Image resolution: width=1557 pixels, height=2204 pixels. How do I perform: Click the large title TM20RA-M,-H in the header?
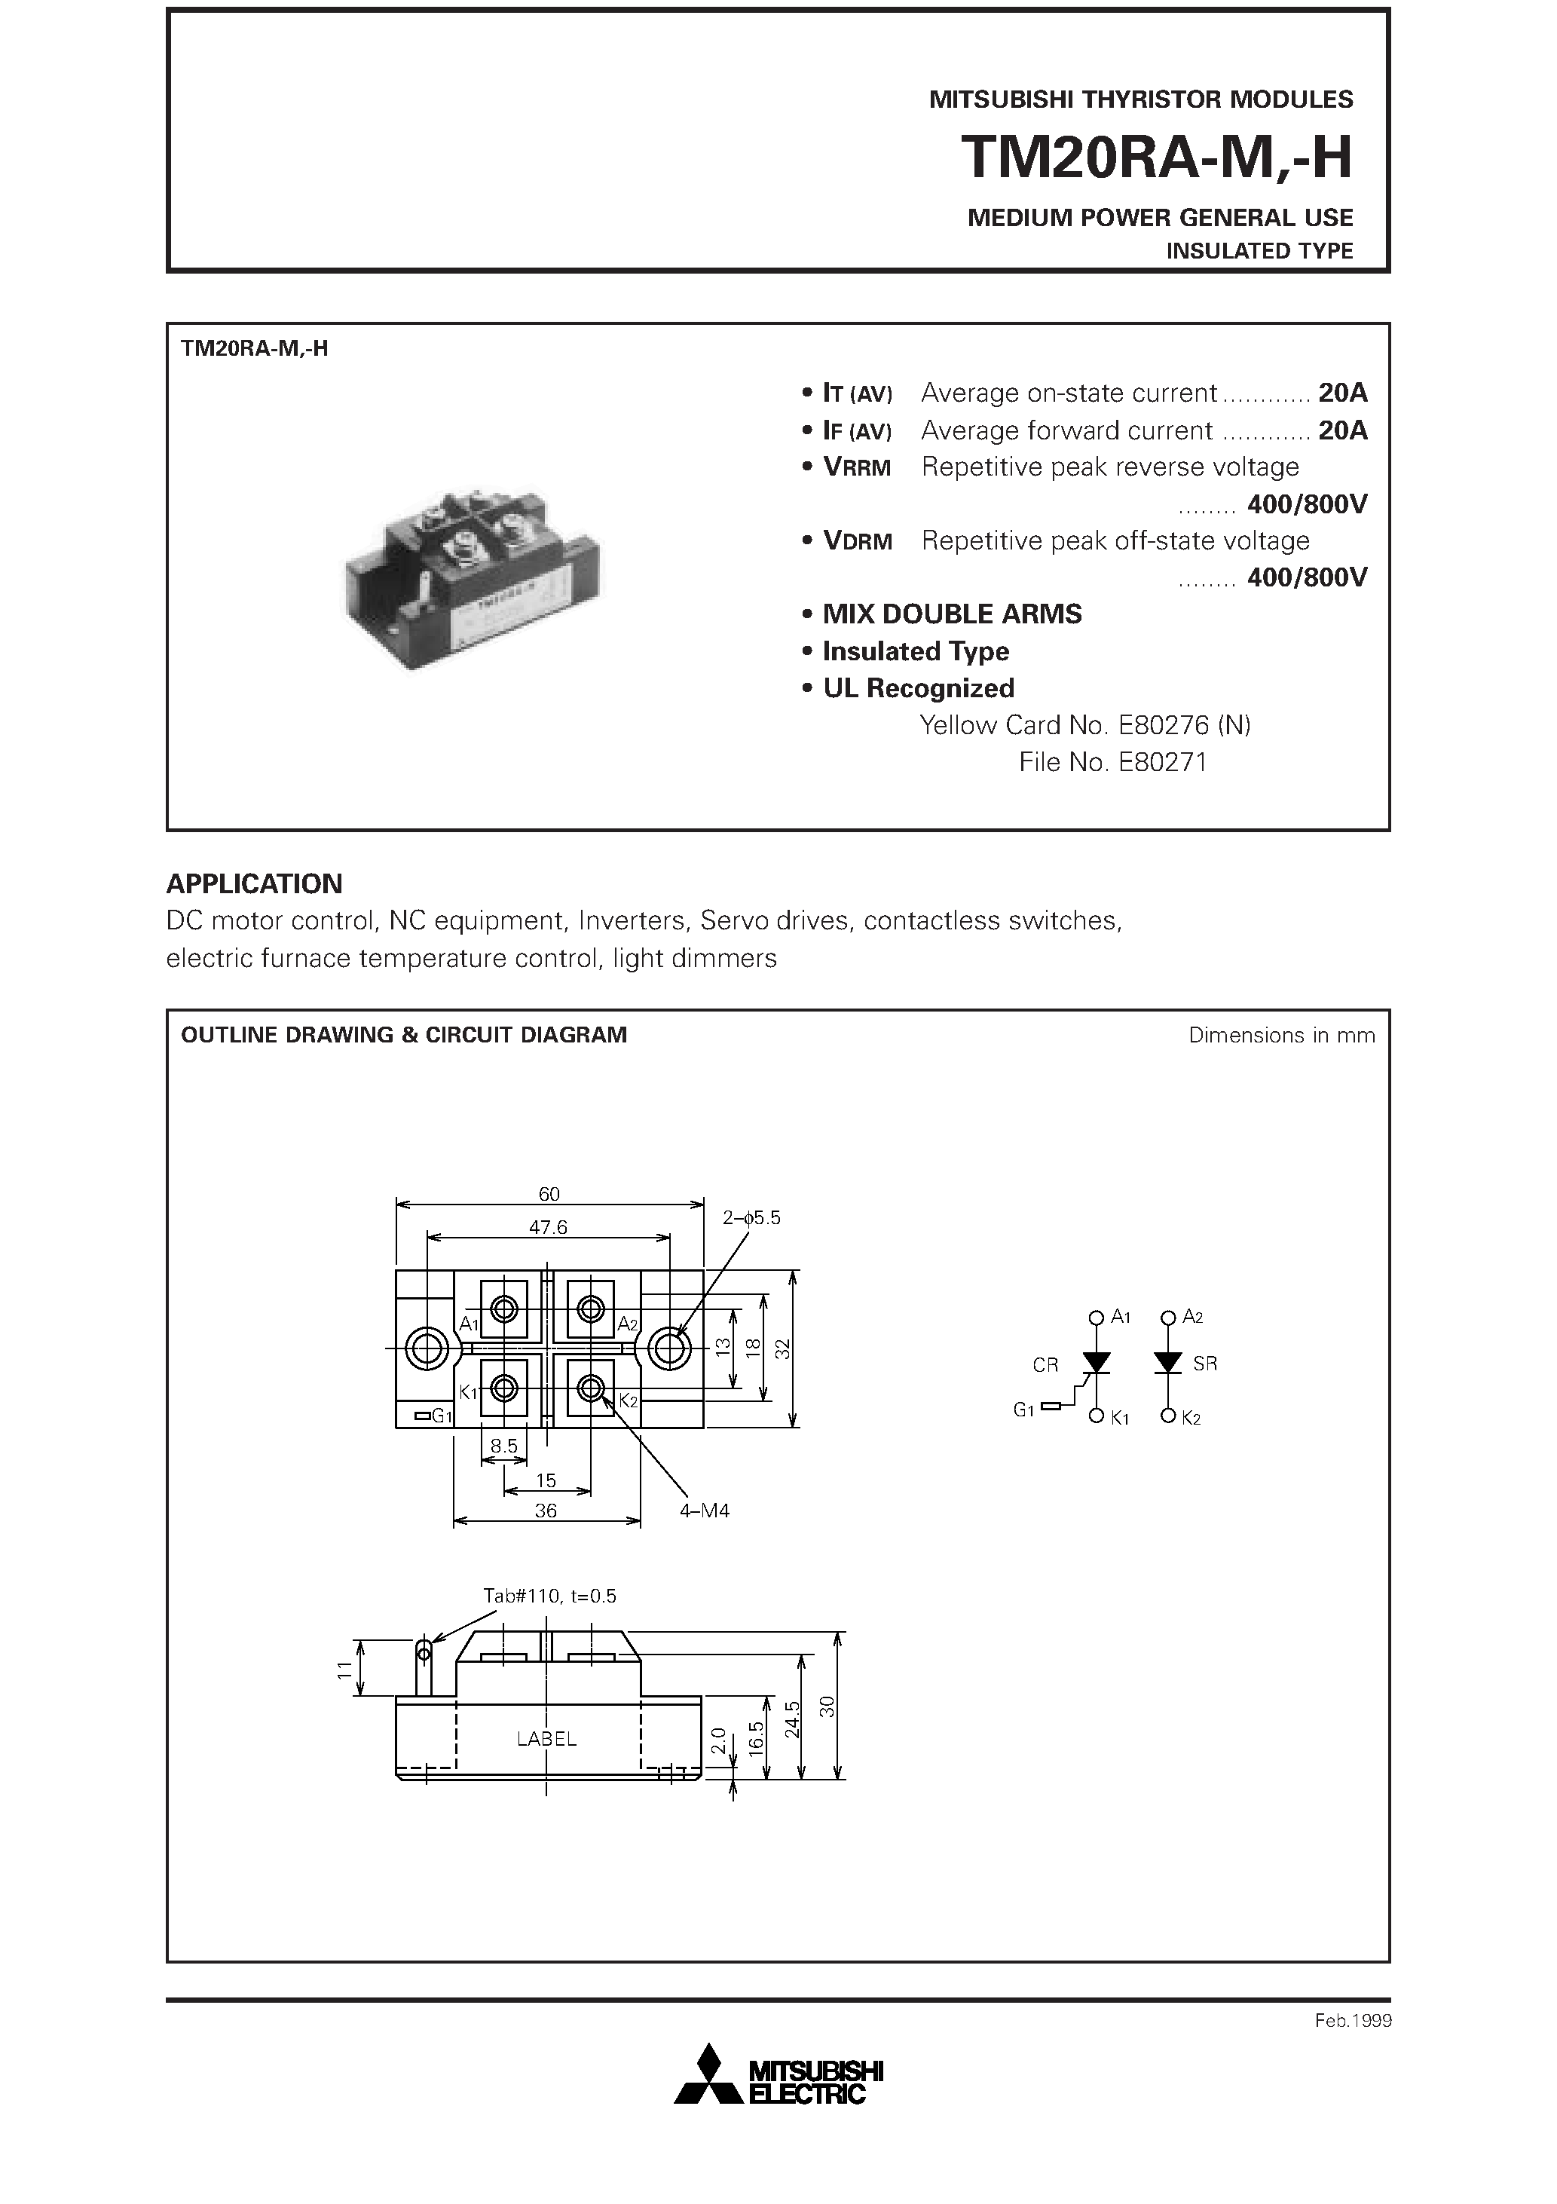1156,157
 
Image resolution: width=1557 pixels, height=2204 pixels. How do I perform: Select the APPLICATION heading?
255,883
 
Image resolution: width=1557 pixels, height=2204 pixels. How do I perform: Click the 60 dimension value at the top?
549,1194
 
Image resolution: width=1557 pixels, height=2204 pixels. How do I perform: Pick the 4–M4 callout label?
705,1511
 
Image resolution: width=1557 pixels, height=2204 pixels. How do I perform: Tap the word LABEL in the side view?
546,1738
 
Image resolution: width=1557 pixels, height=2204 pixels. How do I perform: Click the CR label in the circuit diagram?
1045,1365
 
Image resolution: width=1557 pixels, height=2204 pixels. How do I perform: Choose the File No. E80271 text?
1112,762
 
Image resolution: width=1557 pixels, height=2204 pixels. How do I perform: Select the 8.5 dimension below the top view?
504,1446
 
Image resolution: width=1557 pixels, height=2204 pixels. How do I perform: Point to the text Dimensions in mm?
1280,1035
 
